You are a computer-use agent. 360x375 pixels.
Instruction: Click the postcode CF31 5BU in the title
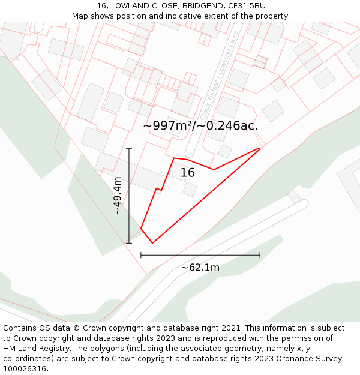click(x=246, y=6)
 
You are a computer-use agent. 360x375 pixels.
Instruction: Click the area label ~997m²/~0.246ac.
click(x=200, y=125)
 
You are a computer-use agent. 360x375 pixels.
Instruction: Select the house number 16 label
click(x=188, y=173)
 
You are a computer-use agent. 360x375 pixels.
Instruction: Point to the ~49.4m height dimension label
click(x=118, y=196)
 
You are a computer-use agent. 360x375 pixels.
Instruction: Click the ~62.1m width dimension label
click(x=200, y=268)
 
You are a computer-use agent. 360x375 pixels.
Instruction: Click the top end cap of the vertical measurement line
click(x=129, y=149)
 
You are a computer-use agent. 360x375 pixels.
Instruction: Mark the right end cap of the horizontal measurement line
click(x=260, y=255)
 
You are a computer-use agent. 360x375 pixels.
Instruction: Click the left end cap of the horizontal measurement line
click(x=141, y=255)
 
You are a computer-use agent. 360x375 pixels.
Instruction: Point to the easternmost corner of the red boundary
click(x=260, y=149)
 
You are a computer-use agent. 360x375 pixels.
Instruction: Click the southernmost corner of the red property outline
click(x=152, y=243)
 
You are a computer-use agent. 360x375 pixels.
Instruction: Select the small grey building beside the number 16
click(x=190, y=190)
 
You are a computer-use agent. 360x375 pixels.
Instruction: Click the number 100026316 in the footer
click(x=25, y=369)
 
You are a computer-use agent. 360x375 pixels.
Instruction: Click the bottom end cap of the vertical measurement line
click(x=129, y=243)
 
